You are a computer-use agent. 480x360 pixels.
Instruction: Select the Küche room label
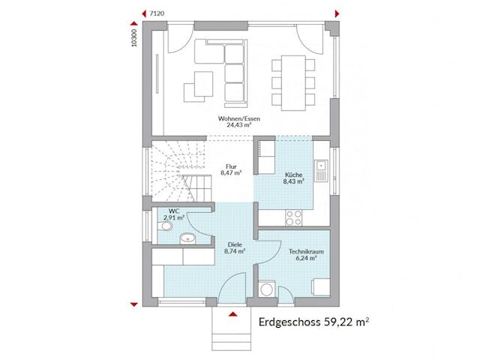tap(293, 178)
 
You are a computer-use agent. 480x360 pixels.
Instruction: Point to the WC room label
tap(175, 214)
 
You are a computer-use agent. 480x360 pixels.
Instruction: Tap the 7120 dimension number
tap(157, 13)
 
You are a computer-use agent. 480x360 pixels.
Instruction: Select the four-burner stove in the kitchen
tap(293, 217)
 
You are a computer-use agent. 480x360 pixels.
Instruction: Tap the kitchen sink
tap(320, 169)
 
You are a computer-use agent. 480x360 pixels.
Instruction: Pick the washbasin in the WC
tap(187, 239)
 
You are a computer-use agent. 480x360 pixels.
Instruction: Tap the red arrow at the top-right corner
tap(337, 13)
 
